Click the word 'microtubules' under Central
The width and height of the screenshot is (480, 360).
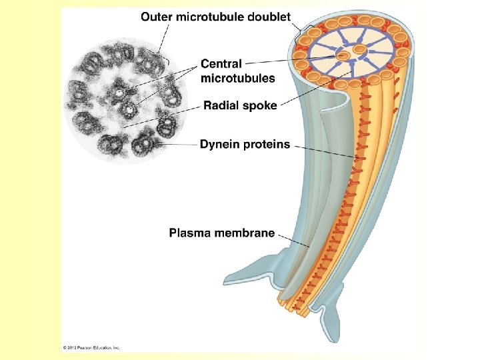(237, 78)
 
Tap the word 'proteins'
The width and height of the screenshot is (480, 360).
(267, 144)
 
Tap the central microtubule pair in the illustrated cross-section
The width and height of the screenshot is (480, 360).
(352, 52)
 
